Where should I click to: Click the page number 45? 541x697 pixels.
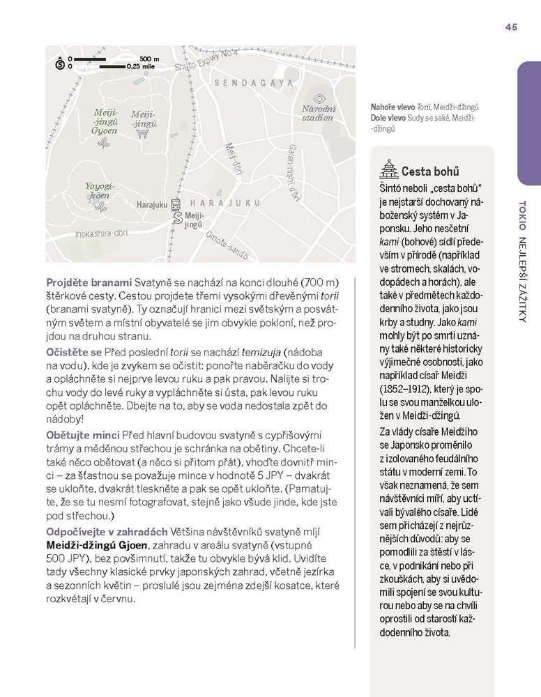coord(511,27)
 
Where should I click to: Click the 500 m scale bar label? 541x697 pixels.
coord(149,59)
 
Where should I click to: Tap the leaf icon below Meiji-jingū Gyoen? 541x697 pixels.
coord(105,143)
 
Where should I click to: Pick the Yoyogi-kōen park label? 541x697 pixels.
coord(99,190)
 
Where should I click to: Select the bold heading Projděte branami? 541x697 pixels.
coord(89,282)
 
